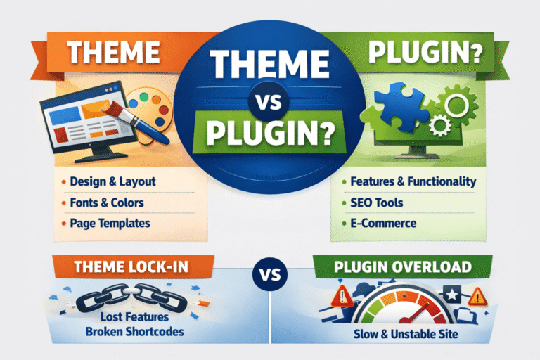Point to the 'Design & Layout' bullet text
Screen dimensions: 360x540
[x=113, y=182]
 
